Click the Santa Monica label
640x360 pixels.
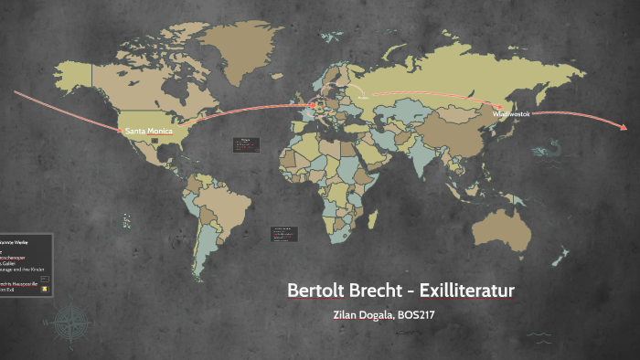coord(148,131)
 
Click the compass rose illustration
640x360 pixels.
coord(70,323)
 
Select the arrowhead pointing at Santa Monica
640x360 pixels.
coord(121,129)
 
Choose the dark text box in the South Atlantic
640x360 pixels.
coord(281,234)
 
